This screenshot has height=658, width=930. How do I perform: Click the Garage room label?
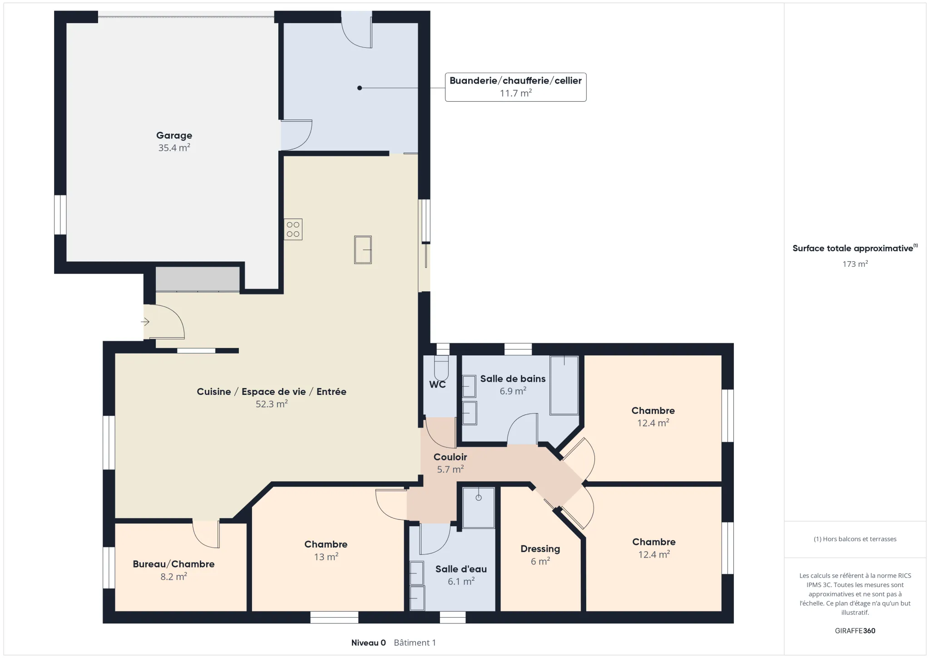tap(174, 135)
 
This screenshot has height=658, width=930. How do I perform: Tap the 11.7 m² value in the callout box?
tap(515, 93)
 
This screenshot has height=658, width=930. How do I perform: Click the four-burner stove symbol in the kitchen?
tap(293, 229)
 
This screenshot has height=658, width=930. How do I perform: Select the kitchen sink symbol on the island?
tap(363, 250)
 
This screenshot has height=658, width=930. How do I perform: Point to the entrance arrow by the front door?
tap(145, 322)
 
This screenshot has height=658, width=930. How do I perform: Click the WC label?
tap(437, 384)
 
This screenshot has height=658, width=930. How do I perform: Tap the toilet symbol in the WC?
tap(441, 368)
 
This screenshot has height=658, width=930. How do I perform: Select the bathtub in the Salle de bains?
tap(564, 385)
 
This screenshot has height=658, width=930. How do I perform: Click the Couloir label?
tap(450, 457)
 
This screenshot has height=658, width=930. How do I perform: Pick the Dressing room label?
tap(540, 549)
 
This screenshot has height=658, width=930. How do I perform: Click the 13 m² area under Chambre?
tap(326, 557)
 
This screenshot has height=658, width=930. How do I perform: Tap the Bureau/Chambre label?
tap(173, 564)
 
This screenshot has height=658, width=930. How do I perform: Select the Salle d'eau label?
tap(461, 569)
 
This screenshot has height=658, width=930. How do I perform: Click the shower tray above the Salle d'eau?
tap(478, 508)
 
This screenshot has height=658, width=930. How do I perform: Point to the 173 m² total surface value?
tap(855, 264)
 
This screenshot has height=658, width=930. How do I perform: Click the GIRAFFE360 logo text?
tap(855, 631)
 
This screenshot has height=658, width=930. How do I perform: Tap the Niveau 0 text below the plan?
tap(368, 643)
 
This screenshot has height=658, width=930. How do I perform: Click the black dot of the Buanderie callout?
tap(360, 88)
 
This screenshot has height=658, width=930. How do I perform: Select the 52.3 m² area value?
tap(272, 404)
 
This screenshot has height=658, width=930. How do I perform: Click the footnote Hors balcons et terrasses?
tap(855, 539)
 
